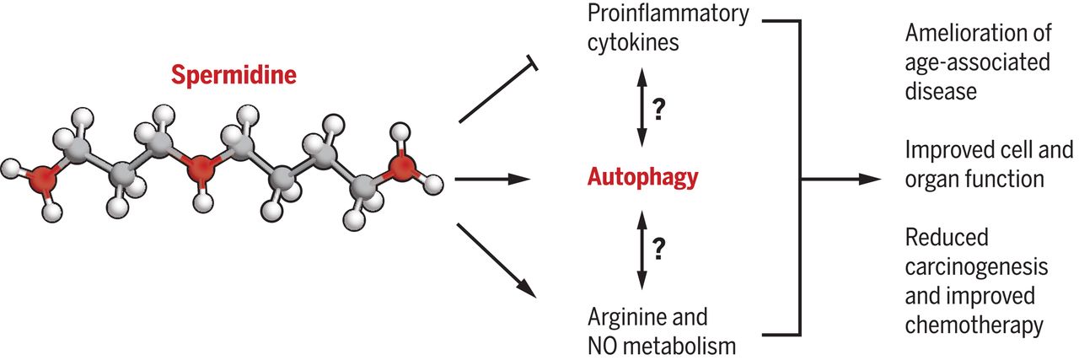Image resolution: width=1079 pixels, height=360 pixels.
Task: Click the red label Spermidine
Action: click(234, 76)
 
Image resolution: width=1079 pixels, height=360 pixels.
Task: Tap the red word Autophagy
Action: click(643, 178)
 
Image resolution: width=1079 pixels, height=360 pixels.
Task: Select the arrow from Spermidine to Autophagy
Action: click(491, 179)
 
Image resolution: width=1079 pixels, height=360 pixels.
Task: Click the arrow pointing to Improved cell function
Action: click(843, 179)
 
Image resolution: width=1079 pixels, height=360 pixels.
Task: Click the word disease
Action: click(941, 91)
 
